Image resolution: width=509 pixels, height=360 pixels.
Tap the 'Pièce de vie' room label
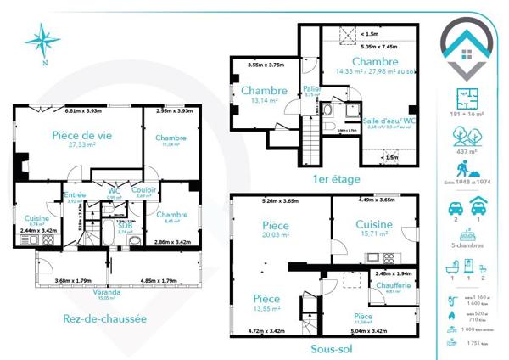[83, 134]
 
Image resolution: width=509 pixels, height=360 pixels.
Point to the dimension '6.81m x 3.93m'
[82, 110]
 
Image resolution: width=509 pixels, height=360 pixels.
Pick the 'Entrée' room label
[75, 195]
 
